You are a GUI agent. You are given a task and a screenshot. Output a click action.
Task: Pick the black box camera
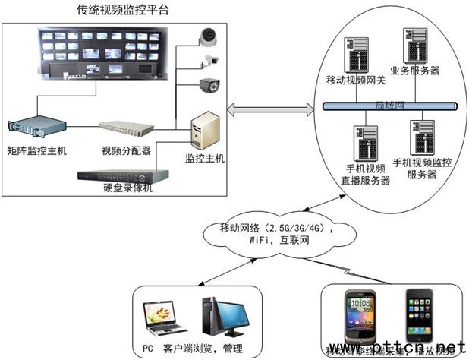[209, 85]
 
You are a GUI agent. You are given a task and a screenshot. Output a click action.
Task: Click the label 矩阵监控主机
[36, 150]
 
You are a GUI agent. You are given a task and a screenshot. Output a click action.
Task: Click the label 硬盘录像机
[127, 188]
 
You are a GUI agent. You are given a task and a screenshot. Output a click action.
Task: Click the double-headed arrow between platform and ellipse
[269, 112]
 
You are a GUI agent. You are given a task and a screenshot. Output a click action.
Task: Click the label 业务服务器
[414, 71]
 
